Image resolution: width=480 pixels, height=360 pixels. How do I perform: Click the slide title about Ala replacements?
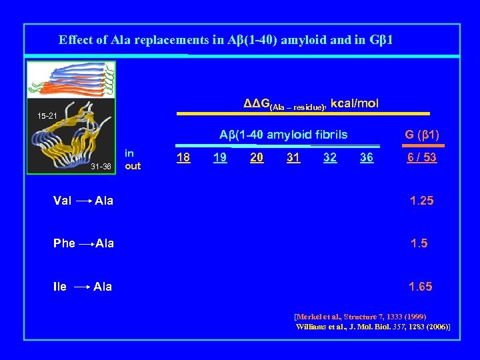tap(225, 40)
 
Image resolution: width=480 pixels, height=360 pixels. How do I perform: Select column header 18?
tap(183, 157)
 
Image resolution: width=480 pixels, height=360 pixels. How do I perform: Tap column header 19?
tap(219, 157)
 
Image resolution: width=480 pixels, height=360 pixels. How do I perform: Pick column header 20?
tap(255, 157)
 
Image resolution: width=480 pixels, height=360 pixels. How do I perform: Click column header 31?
tap(293, 157)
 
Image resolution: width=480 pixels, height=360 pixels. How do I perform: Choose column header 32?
tap(329, 157)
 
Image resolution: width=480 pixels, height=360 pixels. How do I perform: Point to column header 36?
tap(366, 157)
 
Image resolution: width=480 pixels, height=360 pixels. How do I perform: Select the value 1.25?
tap(421, 201)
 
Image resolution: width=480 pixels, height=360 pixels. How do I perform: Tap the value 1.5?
tap(419, 243)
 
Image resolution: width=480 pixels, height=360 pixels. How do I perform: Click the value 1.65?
tap(421, 287)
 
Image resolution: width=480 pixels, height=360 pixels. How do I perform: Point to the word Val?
tap(63, 201)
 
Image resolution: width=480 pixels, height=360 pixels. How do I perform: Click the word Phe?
tap(64, 243)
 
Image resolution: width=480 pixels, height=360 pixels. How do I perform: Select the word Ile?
tap(60, 287)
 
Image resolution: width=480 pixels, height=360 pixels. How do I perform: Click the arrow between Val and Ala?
tap(83, 201)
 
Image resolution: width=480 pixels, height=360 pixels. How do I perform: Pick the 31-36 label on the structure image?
tap(100, 167)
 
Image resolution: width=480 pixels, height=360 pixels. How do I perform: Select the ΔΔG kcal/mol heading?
tap(311, 103)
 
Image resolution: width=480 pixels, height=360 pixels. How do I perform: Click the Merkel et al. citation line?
tap(360, 316)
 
